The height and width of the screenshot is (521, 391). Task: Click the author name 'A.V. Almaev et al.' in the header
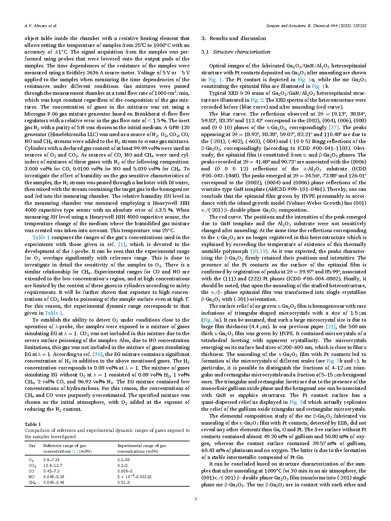pos(41,26)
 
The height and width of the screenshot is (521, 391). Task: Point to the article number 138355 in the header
pos(358,26)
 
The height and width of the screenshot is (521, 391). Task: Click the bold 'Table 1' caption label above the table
pos(33,424)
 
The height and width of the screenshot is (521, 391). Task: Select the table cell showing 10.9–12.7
pos(53,466)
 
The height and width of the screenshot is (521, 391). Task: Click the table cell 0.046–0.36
pos(54,477)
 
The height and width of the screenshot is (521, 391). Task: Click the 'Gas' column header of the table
pos(32,446)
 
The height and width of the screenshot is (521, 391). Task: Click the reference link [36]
pos(97,354)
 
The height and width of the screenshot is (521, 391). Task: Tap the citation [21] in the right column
pos(331,327)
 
